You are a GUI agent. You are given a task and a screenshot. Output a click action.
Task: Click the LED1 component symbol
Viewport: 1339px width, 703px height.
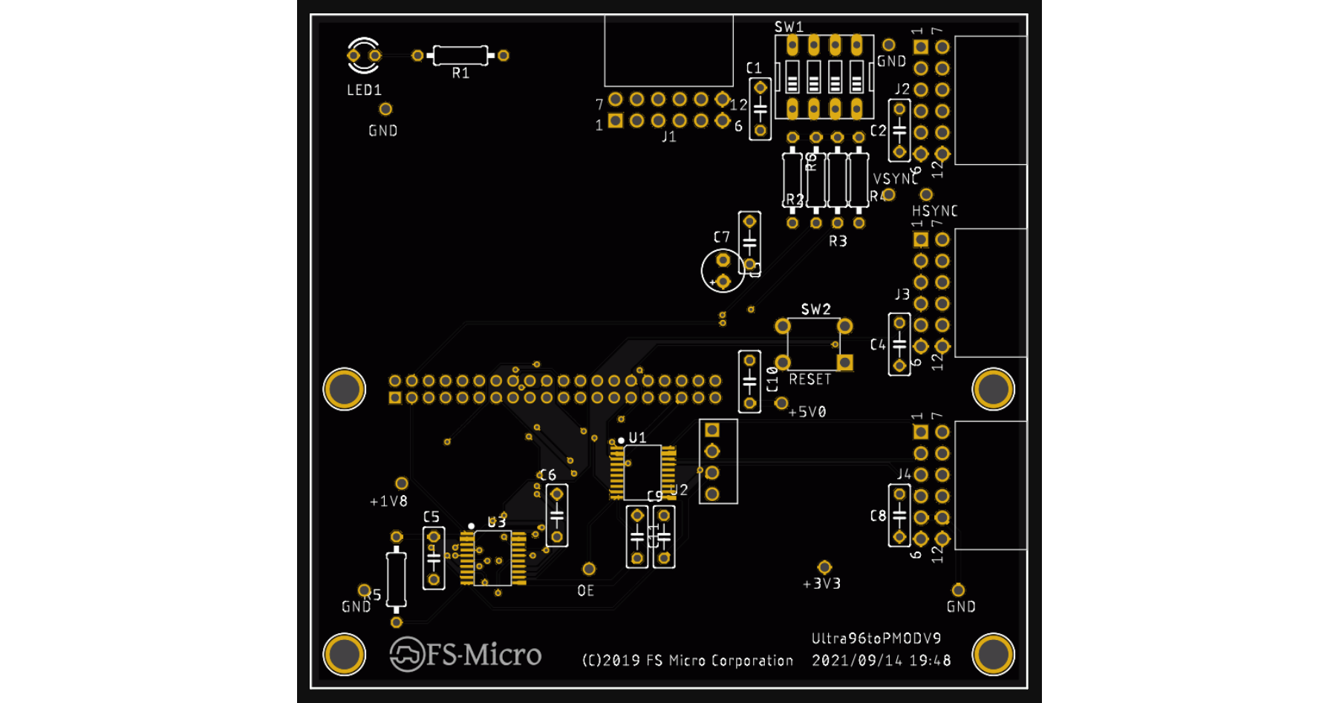point(364,56)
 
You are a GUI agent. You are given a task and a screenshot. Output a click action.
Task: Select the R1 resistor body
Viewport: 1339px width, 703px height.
point(460,55)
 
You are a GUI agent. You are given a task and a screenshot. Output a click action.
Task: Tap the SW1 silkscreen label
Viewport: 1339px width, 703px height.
point(789,27)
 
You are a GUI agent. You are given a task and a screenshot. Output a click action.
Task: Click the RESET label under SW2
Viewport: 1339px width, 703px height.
point(809,379)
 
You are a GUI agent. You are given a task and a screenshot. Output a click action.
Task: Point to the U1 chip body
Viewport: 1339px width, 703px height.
point(642,472)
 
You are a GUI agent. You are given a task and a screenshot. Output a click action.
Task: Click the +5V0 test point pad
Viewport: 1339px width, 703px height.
point(781,403)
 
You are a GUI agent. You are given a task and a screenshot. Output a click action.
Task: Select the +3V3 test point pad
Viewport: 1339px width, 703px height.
point(824,568)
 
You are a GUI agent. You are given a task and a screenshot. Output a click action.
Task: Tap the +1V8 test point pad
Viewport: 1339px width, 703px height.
point(402,484)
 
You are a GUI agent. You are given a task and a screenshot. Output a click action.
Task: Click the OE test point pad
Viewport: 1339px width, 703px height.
point(589,569)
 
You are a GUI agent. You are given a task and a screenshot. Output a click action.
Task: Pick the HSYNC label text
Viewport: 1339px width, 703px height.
point(934,212)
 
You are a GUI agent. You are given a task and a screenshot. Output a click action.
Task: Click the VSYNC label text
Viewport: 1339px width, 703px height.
point(895,179)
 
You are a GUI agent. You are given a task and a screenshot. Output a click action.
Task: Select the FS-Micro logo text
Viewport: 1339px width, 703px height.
point(483,655)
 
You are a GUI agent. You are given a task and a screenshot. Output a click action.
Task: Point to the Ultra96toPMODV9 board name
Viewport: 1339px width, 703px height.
point(876,638)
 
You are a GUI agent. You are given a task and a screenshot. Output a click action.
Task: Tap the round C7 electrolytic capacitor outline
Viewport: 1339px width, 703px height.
point(723,271)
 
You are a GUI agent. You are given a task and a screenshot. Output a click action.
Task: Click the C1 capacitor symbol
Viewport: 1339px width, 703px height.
point(760,109)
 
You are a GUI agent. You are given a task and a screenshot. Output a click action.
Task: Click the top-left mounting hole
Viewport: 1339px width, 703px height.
point(345,389)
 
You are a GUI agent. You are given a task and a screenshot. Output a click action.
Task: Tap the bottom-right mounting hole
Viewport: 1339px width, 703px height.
point(993,655)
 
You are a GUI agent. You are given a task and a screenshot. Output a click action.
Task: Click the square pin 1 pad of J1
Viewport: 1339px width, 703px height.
point(616,121)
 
